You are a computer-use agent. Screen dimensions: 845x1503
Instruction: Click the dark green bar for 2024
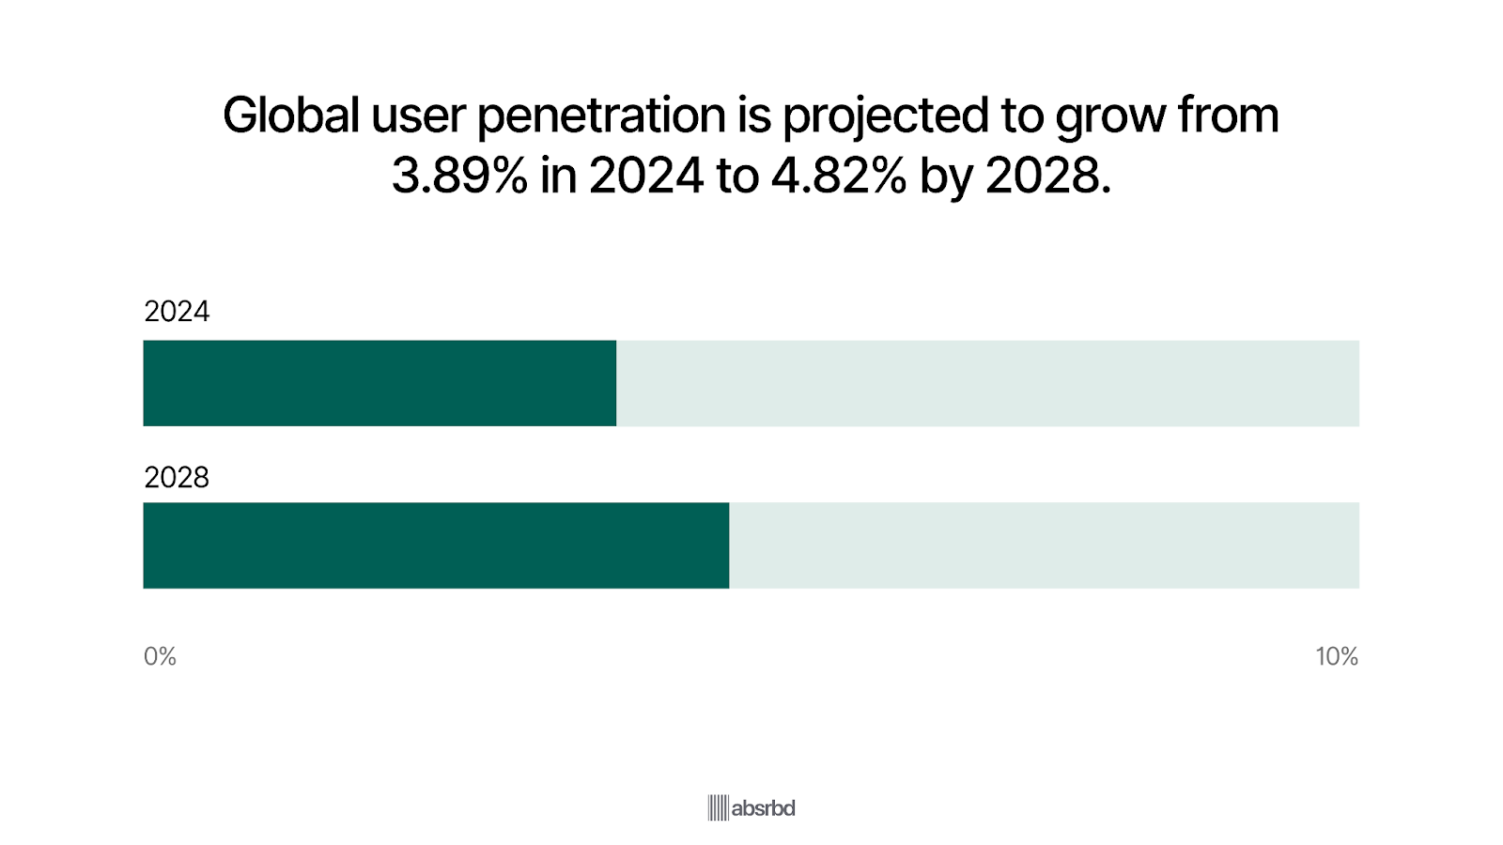[x=380, y=383]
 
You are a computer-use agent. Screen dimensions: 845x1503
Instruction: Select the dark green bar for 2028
[x=436, y=545]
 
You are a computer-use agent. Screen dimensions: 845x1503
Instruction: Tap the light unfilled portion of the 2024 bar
[x=987, y=383]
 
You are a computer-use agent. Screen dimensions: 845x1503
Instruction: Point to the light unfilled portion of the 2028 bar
[x=1044, y=545]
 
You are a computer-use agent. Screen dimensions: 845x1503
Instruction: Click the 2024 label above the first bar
[x=177, y=312]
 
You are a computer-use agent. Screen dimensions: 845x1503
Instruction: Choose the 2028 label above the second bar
[x=177, y=478]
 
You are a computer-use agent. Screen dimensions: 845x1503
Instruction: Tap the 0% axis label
[x=160, y=656]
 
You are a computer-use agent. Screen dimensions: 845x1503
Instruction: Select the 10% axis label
[x=1336, y=656]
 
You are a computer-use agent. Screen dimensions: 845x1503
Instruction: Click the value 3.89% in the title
[x=459, y=176]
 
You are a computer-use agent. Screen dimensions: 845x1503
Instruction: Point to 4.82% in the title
[x=839, y=176]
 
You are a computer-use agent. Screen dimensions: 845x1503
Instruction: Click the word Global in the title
[x=291, y=115]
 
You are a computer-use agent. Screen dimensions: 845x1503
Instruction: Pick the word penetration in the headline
[x=601, y=115]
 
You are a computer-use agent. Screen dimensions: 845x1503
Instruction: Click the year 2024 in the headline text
[x=646, y=176]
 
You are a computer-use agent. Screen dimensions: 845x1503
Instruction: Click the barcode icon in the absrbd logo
[x=718, y=807]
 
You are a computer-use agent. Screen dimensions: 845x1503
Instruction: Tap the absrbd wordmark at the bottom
[x=763, y=807]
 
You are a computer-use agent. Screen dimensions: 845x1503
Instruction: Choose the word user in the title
[x=418, y=115]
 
